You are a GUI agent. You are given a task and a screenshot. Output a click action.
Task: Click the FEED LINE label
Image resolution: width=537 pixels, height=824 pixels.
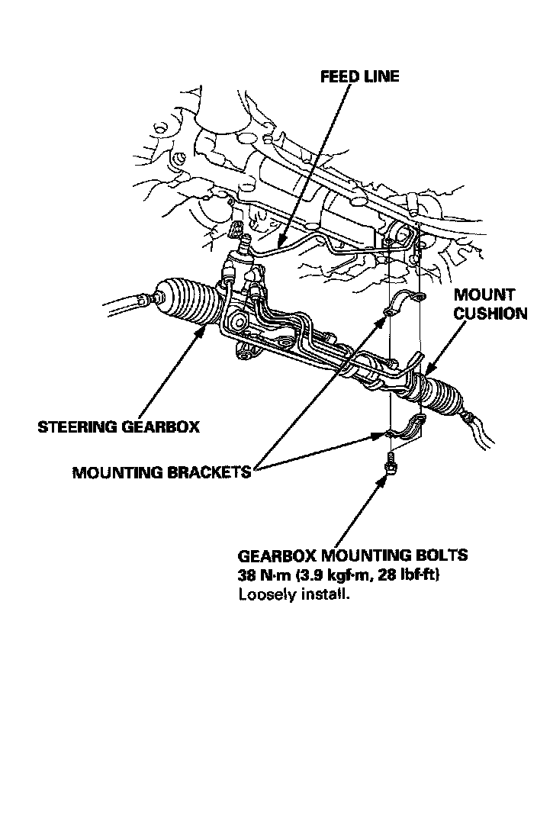pos(359,77)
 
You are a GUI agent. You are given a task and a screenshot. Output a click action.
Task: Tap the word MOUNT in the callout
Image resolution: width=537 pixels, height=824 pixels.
pos(484,295)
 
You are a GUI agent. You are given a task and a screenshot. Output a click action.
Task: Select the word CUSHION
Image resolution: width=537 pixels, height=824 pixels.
pos(490,314)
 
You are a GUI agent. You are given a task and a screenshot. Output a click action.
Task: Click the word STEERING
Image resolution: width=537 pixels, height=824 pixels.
pos(77,426)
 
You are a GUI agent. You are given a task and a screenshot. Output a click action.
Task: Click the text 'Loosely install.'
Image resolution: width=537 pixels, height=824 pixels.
pos(294,594)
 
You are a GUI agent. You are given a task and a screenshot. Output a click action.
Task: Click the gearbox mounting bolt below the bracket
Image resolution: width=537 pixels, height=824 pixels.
pos(391,462)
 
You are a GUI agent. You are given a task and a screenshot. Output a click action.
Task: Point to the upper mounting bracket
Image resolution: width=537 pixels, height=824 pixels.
pos(404,303)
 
